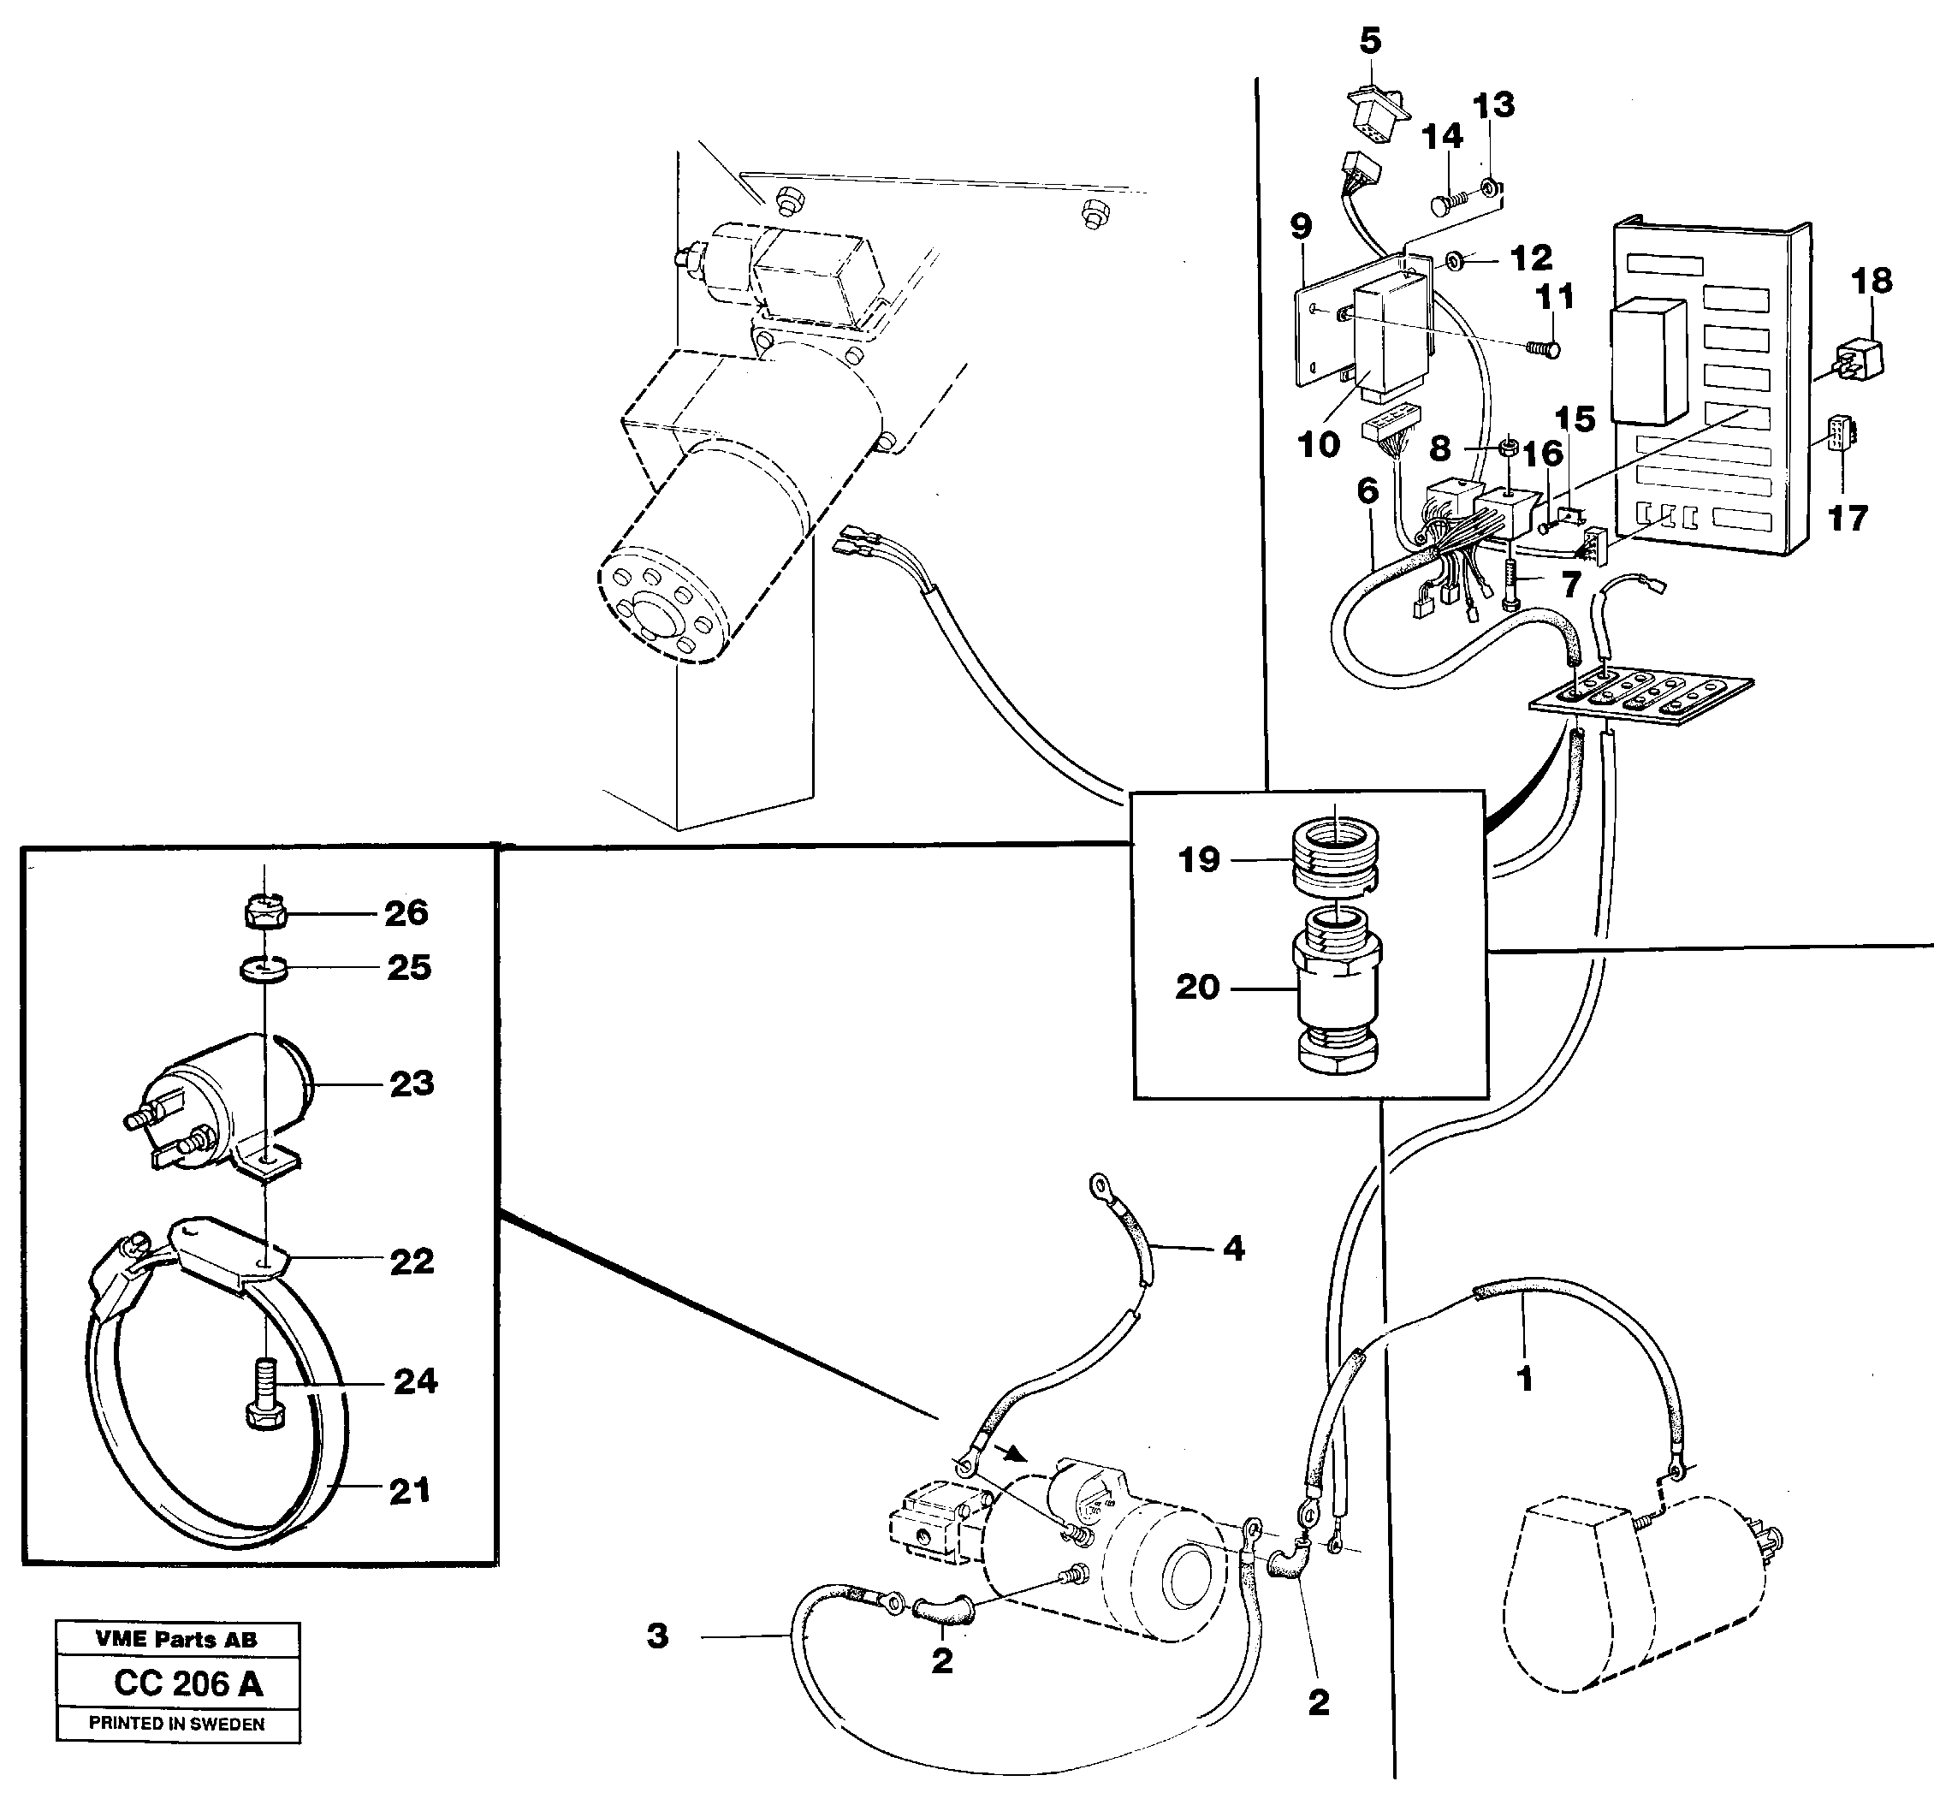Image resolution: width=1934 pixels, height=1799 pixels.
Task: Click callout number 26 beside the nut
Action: point(406,912)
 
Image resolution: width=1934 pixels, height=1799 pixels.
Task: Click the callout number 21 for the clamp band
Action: point(408,1491)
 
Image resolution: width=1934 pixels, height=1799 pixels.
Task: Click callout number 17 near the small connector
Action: point(1848,518)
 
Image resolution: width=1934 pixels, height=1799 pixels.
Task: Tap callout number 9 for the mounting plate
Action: point(1301,226)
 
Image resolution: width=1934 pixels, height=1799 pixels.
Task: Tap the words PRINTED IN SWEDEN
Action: point(176,1723)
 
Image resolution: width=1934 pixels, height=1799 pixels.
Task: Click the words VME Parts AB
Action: point(176,1640)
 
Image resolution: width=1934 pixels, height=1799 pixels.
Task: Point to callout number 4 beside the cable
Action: point(1233,1249)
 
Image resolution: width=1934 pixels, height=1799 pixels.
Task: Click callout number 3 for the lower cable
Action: point(657,1636)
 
